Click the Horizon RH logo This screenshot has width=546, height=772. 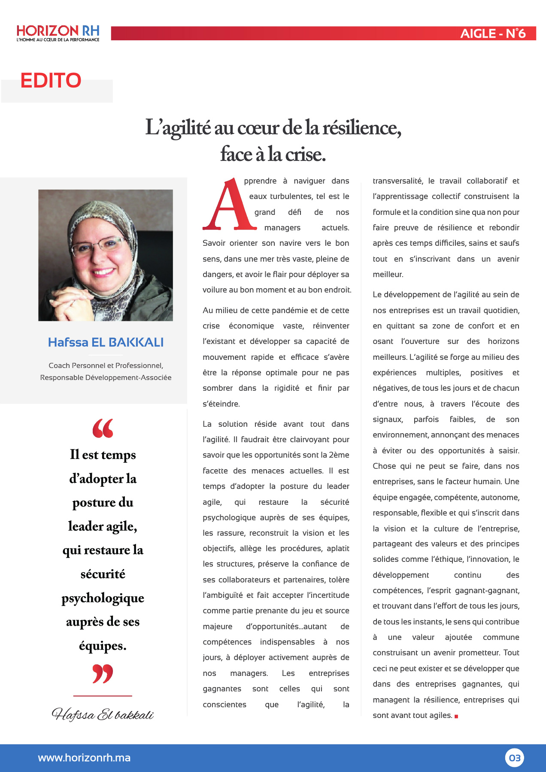(x=58, y=33)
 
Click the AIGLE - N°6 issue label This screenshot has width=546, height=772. (x=493, y=33)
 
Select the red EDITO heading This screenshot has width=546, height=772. (x=51, y=81)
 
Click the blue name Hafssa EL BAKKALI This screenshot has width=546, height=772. (x=106, y=342)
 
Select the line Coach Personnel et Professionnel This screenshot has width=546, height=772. (x=106, y=365)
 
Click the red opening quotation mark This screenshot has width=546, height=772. (x=103, y=428)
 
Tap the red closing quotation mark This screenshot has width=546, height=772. (x=103, y=673)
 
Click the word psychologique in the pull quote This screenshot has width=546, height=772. (x=103, y=598)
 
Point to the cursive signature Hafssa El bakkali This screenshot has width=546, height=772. (x=103, y=715)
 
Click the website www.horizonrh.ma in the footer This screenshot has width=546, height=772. (x=84, y=758)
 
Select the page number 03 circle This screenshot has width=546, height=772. (x=514, y=758)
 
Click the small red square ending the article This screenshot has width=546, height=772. (x=456, y=716)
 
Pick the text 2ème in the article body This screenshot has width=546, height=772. (x=339, y=455)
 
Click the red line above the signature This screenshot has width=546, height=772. (x=103, y=696)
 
